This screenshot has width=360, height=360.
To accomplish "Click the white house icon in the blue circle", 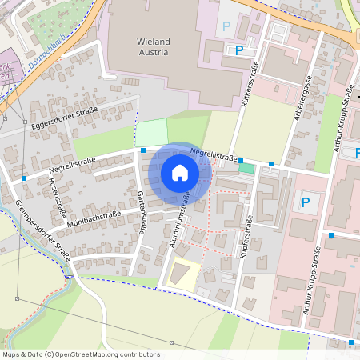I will (179, 173).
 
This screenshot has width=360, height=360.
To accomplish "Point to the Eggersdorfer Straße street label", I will (64, 117).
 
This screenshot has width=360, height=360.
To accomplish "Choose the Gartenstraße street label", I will (140, 212).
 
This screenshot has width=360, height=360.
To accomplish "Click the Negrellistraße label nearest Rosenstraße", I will (73, 165).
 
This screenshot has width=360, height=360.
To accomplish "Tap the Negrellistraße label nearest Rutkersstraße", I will (214, 157).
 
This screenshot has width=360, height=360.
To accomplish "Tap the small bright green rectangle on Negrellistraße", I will (246, 167).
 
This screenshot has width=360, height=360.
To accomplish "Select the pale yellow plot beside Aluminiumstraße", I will (183, 274).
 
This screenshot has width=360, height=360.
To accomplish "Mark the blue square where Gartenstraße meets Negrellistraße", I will (142, 150).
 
